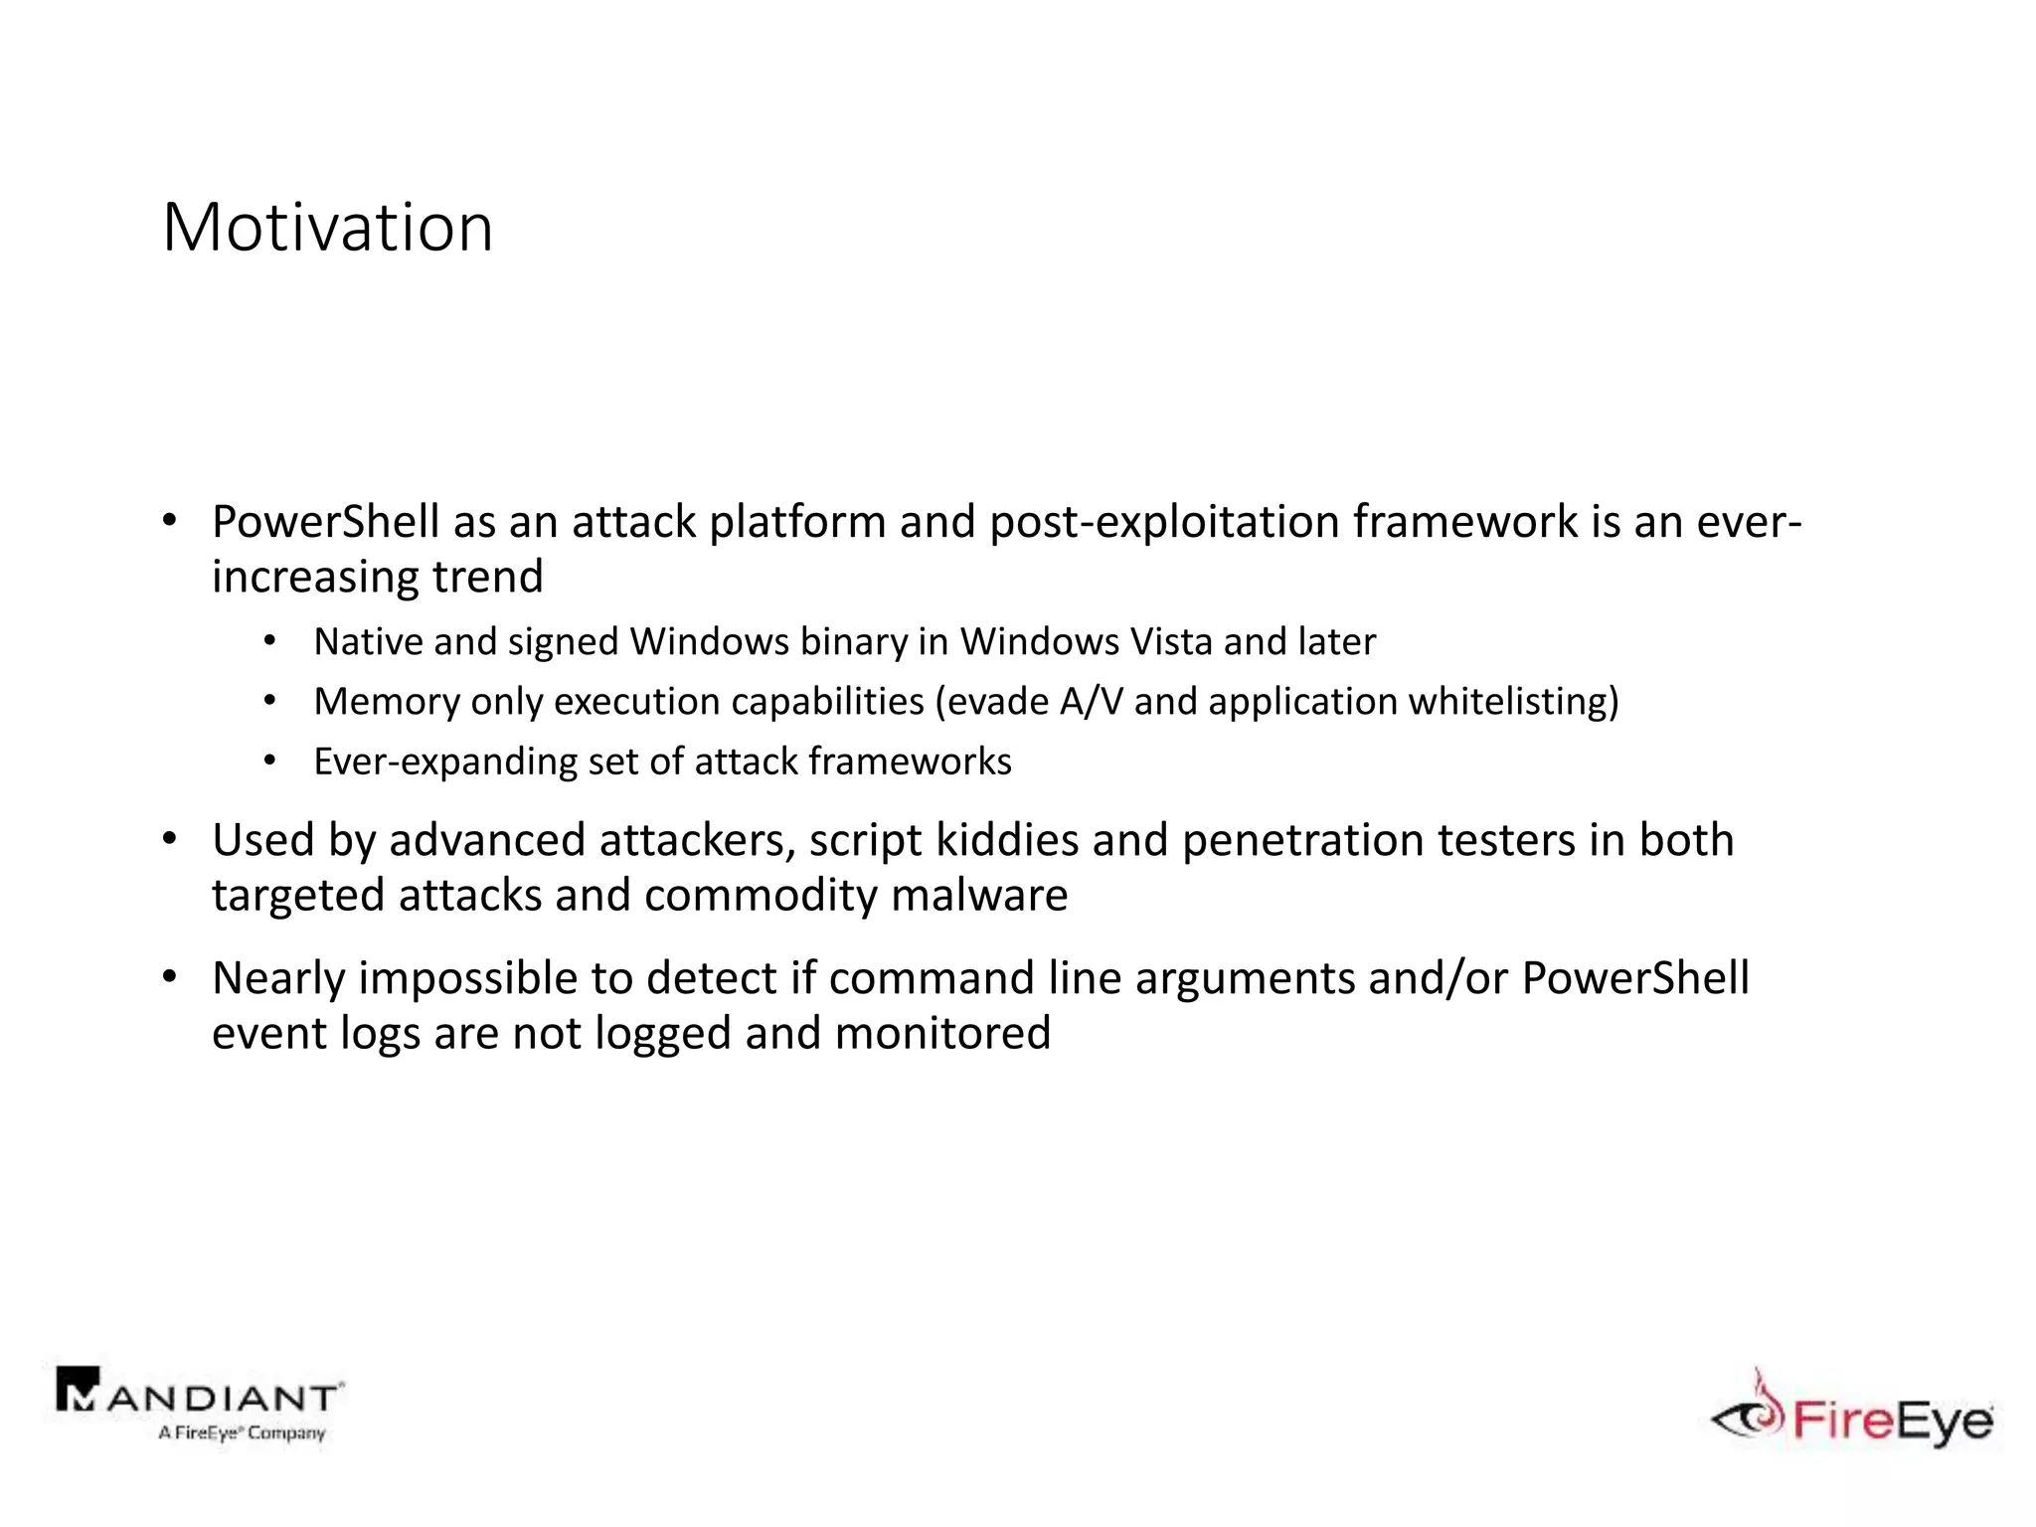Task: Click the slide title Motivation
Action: (327, 228)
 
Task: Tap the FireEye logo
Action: (1852, 1412)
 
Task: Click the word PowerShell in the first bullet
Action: (325, 522)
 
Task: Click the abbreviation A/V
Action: (1091, 702)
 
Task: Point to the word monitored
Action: (942, 1033)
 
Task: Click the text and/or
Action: (1438, 978)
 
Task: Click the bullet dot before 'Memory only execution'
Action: (269, 702)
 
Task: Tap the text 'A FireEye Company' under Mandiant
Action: (242, 1433)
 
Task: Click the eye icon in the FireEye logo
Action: (1747, 1417)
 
